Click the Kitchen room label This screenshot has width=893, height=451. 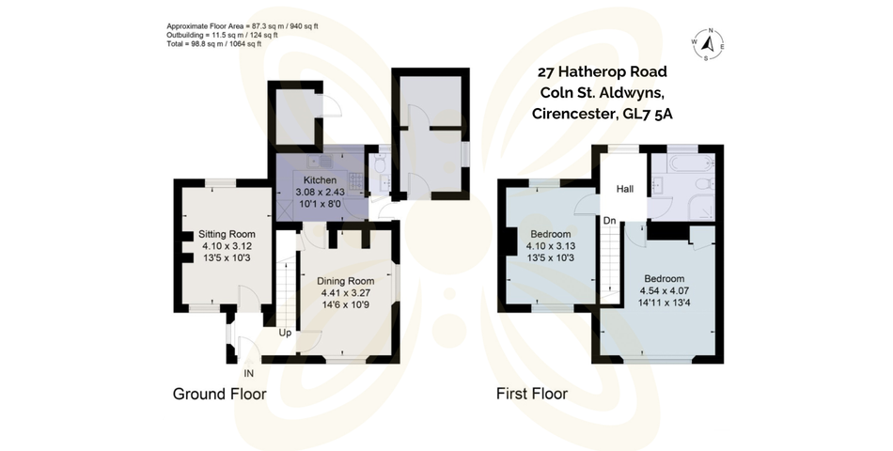320,179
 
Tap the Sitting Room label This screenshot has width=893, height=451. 227,234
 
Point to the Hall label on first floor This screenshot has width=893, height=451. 625,190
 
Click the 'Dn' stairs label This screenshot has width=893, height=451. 610,222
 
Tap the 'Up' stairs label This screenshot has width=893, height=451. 285,333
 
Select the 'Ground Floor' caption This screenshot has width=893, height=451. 219,394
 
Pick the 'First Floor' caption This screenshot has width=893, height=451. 532,394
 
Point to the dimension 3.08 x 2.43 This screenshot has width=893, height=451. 320,191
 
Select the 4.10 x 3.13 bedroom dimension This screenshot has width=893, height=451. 550,246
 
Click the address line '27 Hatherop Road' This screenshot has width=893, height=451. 603,71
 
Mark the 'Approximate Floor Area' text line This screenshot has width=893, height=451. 242,26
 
